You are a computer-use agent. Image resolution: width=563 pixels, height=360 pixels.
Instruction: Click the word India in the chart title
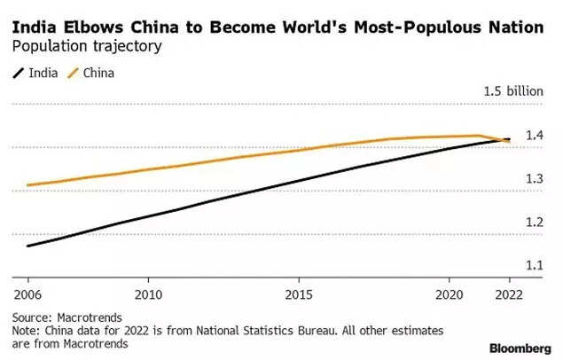(x=32, y=28)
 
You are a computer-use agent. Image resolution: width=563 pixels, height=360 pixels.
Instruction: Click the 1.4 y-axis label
(x=534, y=136)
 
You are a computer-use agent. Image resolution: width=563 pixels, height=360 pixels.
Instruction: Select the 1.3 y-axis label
(x=534, y=179)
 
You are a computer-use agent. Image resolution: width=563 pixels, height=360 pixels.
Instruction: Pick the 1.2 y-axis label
(x=534, y=222)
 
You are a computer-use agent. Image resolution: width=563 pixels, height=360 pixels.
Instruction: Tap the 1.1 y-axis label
(x=534, y=265)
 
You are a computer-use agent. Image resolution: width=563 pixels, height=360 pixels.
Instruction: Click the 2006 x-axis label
(x=28, y=293)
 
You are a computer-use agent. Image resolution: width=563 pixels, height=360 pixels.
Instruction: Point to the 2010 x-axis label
(x=149, y=293)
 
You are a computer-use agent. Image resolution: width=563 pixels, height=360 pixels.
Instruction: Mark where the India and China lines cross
(x=501, y=139)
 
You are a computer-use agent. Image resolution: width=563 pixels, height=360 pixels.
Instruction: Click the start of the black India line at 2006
(x=28, y=246)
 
